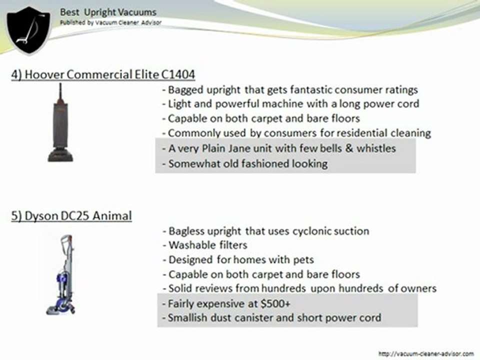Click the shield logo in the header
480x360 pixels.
[x=28, y=29]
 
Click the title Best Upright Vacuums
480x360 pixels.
[x=108, y=12]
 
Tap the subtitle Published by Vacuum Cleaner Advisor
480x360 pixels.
[x=110, y=23]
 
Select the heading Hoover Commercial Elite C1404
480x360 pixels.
[x=103, y=74]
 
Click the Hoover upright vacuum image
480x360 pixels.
[x=60, y=123]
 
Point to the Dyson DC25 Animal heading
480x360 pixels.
[x=72, y=216]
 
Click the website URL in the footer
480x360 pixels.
[x=426, y=353]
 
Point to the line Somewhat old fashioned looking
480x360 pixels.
[x=245, y=163]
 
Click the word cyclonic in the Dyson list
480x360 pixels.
[x=309, y=231]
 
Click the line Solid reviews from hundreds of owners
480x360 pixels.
[x=299, y=288]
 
